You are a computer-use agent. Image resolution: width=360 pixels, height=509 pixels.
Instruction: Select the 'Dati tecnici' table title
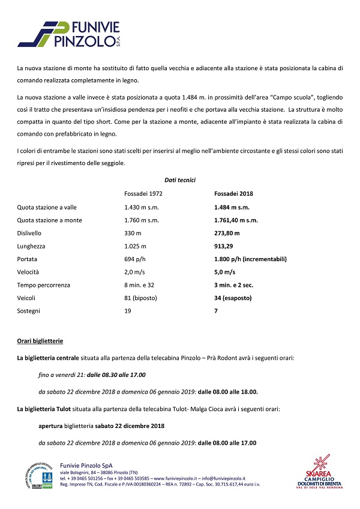point(180,180)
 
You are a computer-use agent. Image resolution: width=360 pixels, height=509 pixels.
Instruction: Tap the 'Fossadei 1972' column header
point(143,194)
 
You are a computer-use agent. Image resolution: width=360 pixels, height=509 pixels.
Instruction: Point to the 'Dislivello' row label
point(30,233)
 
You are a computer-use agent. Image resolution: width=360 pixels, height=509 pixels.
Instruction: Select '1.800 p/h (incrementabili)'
point(250,259)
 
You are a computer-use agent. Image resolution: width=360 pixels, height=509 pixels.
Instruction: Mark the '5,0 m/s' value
point(224,273)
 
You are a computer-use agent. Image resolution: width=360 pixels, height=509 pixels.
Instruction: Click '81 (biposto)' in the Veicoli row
point(142,298)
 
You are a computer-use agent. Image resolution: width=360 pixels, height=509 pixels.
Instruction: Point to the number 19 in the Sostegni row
point(127,312)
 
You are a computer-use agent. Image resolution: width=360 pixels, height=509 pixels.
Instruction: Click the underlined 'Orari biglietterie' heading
point(40,341)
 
